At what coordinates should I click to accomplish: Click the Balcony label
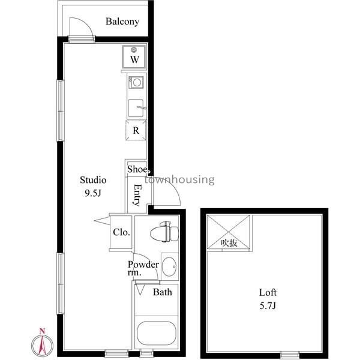[122, 22]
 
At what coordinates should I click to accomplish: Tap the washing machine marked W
[134, 57]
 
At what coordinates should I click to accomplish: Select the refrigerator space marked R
[136, 130]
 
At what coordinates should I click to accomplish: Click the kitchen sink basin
[136, 108]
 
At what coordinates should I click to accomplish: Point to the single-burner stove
[136, 82]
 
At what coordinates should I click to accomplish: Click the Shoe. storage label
[137, 169]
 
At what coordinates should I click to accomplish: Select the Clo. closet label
[121, 232]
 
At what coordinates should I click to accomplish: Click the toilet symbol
[164, 232]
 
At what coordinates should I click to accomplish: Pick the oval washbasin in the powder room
[169, 266]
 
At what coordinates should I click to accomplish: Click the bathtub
[157, 332]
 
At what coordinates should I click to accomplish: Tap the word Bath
[163, 292]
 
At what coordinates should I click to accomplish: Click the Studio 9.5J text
[93, 187]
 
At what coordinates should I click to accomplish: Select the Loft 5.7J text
[268, 299]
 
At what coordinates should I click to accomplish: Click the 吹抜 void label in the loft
[229, 243]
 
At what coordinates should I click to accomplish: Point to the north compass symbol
[42, 343]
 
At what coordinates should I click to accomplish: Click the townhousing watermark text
[179, 179]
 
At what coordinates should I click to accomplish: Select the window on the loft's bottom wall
[290, 354]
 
